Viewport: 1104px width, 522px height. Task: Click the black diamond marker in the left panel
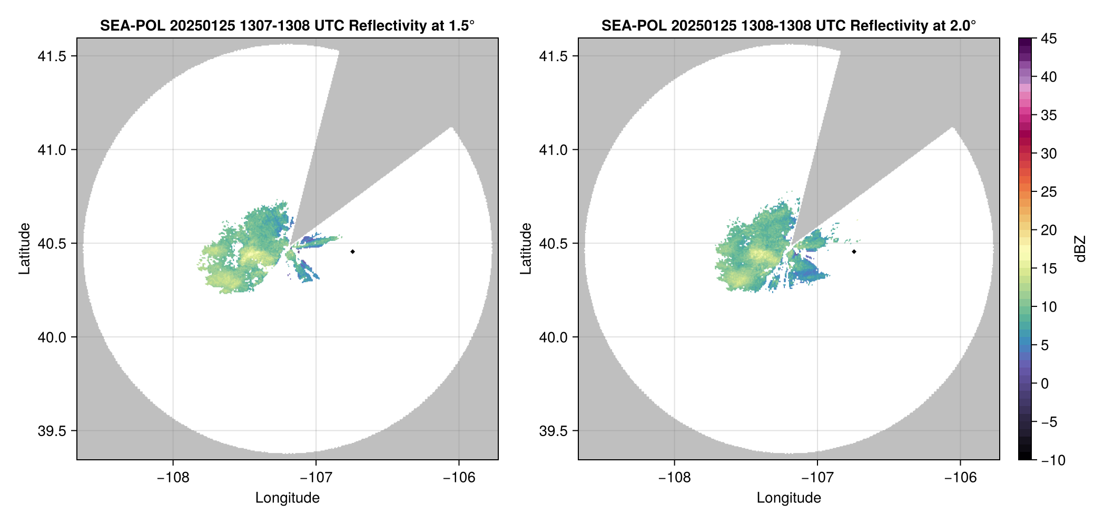(x=352, y=252)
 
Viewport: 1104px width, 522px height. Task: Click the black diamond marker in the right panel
(x=854, y=252)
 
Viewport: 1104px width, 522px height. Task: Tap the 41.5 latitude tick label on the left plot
(x=52, y=56)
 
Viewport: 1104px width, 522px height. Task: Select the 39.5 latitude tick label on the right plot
(x=553, y=431)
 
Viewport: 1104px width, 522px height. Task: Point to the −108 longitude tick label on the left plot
(x=173, y=477)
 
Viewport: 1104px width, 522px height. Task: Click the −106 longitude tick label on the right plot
(x=960, y=477)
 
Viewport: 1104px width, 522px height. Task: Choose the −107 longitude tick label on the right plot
(x=817, y=477)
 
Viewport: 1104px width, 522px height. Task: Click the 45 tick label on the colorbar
(x=1048, y=38)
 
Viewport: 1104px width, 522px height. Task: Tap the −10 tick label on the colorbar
(x=1053, y=460)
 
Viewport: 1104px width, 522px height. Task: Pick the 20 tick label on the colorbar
(x=1048, y=230)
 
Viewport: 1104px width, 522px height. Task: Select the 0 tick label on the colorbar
(x=1044, y=383)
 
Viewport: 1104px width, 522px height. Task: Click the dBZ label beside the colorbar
(x=1080, y=249)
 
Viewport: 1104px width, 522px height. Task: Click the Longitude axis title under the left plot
(x=288, y=498)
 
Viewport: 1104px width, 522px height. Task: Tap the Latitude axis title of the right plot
(x=526, y=248)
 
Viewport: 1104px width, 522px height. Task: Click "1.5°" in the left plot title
(x=460, y=25)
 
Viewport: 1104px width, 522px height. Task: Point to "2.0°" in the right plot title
(x=962, y=25)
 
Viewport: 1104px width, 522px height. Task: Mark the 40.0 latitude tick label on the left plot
(x=52, y=337)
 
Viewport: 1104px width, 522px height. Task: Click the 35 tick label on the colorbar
(x=1048, y=115)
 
